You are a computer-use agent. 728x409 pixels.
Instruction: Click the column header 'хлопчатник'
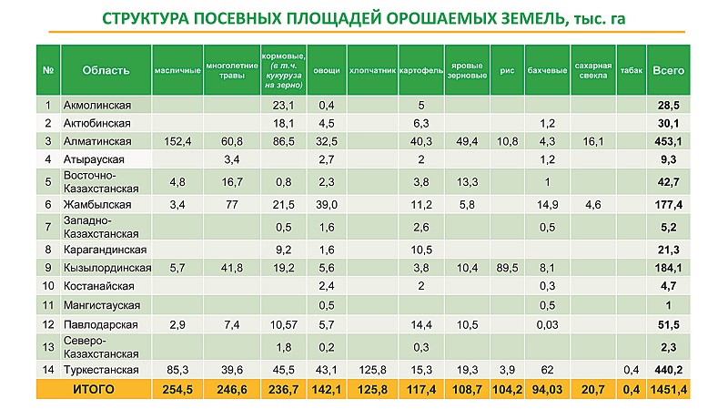pyautogui.click(x=371, y=70)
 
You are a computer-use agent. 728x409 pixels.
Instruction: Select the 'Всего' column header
pyautogui.click(x=669, y=70)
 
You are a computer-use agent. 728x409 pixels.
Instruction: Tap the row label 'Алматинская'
pyautogui.click(x=98, y=141)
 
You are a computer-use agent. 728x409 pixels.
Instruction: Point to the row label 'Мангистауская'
pyautogui.click(x=101, y=304)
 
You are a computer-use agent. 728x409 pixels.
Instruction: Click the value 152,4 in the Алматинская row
pyautogui.click(x=177, y=141)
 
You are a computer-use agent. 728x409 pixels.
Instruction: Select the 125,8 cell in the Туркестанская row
pyautogui.click(x=371, y=369)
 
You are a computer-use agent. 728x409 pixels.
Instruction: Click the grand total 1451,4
pyautogui.click(x=669, y=389)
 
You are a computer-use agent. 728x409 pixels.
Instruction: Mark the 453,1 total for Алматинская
pyautogui.click(x=669, y=141)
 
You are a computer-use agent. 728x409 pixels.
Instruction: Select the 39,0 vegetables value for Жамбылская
pyautogui.click(x=327, y=205)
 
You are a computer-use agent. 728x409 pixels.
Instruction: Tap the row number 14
pyautogui.click(x=47, y=369)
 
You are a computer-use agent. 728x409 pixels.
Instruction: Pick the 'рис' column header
pyautogui.click(x=507, y=70)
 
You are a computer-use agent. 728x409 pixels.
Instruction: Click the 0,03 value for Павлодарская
pyautogui.click(x=547, y=324)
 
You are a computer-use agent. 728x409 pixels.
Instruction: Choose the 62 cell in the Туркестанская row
pyautogui.click(x=547, y=369)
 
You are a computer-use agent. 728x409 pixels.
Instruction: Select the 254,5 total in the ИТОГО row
pyautogui.click(x=177, y=389)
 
